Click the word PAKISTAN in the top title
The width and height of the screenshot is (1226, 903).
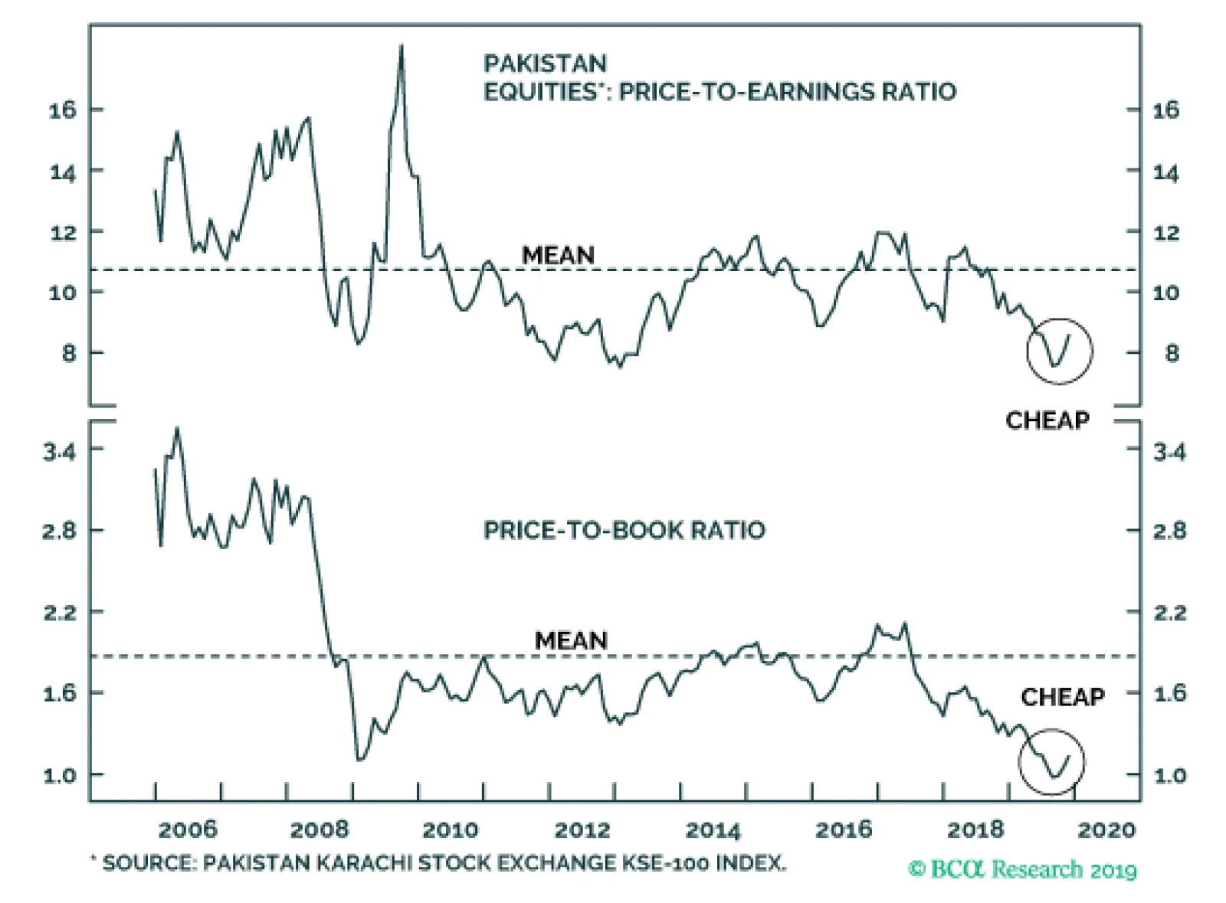point(545,64)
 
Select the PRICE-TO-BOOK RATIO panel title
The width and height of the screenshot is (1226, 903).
point(624,530)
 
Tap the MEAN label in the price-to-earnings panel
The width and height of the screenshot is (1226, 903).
point(558,255)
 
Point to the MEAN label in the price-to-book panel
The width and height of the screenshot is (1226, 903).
point(571,640)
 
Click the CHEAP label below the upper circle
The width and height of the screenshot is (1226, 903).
point(1047,420)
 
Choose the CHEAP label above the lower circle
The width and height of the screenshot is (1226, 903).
point(1062,697)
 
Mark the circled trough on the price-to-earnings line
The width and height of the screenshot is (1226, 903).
point(1054,365)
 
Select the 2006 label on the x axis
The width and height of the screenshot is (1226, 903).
point(188,829)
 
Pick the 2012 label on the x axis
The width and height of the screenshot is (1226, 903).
point(582,829)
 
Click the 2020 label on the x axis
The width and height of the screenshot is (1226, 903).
point(1106,829)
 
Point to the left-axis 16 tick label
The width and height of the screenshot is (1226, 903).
point(63,110)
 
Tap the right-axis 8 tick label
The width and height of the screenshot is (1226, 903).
point(1172,354)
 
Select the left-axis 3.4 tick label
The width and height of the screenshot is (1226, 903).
point(60,452)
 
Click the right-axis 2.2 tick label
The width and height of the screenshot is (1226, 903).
point(1170,613)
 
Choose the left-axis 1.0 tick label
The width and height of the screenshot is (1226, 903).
point(60,775)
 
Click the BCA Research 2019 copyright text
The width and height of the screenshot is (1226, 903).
point(1022,870)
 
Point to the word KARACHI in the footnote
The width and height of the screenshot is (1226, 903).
point(364,863)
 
